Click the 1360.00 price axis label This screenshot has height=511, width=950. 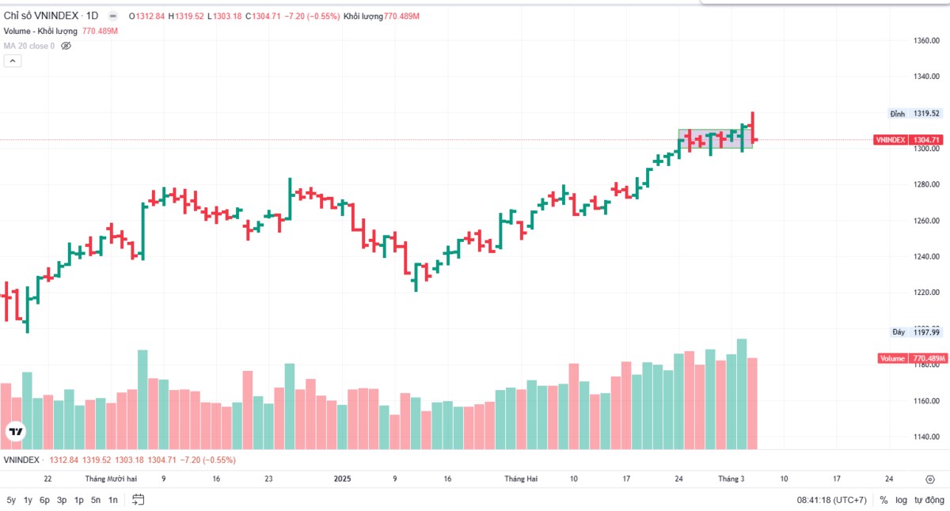pyautogui.click(x=926, y=40)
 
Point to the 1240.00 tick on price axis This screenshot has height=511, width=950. pyautogui.click(x=926, y=256)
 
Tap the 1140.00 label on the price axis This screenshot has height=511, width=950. pyautogui.click(x=926, y=437)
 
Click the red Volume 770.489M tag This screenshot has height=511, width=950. pyautogui.click(x=913, y=358)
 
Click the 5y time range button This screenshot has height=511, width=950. pyautogui.click(x=11, y=500)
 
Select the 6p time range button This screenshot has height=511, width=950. pyautogui.click(x=45, y=500)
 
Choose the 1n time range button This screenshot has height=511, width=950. pyautogui.click(x=113, y=500)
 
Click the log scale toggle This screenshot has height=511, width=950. pyautogui.click(x=901, y=500)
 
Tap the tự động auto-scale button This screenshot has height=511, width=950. pyautogui.click(x=929, y=500)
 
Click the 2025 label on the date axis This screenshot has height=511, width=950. pyautogui.click(x=342, y=479)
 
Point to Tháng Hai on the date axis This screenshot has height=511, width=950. pyautogui.click(x=521, y=479)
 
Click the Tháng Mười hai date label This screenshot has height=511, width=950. pyautogui.click(x=111, y=479)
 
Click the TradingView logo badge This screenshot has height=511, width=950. pyautogui.click(x=15, y=432)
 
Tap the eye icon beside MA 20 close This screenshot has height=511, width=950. pyautogui.click(x=66, y=46)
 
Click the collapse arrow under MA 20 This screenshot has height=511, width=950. pyautogui.click(x=12, y=62)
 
